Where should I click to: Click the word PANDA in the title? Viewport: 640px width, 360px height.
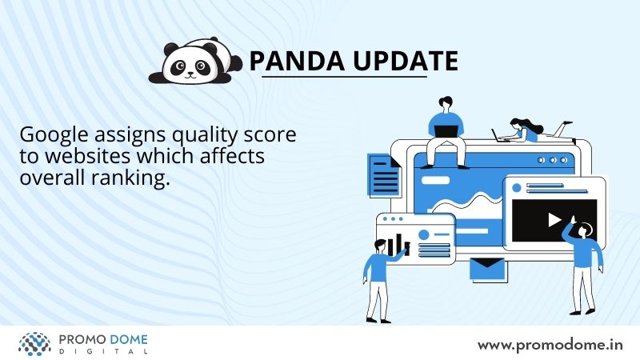(297, 61)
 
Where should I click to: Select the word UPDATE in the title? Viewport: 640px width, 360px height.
(406, 61)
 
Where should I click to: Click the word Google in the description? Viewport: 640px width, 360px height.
(54, 135)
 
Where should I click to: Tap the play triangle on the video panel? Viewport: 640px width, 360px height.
(554, 219)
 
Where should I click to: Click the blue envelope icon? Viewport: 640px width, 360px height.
(487, 269)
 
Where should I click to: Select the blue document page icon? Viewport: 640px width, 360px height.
(384, 174)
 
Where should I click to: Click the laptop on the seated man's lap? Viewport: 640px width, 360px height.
(446, 131)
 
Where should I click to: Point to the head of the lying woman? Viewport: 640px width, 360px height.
(517, 123)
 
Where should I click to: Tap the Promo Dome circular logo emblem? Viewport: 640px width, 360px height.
(34, 344)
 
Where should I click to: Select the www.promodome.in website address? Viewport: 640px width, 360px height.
(550, 346)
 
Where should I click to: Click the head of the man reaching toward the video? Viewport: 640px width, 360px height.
(586, 230)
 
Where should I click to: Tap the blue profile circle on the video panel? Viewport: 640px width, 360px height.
(517, 188)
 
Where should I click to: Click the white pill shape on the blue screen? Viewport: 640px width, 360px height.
(435, 180)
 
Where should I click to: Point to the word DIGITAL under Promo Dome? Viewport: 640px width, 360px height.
(103, 351)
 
